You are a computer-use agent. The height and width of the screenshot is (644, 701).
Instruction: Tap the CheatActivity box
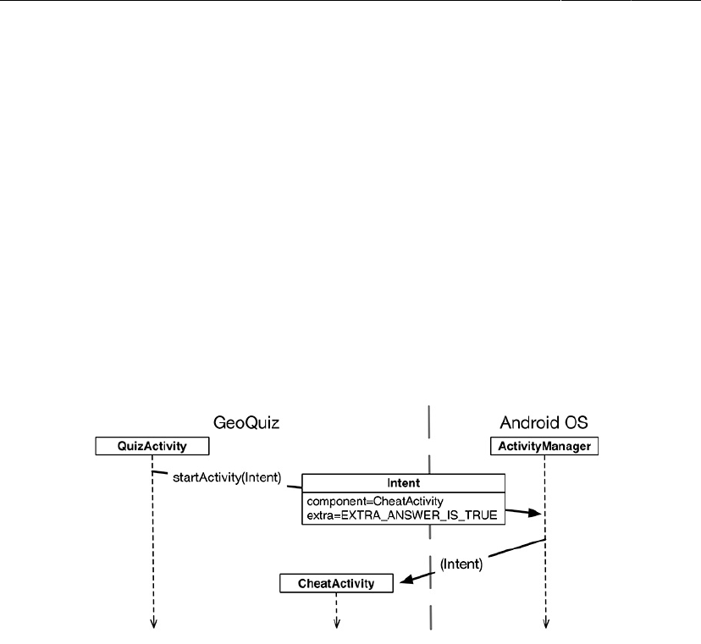tap(338, 582)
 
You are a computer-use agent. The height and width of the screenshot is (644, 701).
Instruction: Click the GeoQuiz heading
tap(246, 421)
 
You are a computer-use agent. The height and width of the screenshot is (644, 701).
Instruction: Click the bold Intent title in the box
tap(403, 483)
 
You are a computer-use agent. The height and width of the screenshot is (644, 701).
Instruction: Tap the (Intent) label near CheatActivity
tap(461, 564)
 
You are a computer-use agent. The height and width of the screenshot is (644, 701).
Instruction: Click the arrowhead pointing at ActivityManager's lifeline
tap(534, 513)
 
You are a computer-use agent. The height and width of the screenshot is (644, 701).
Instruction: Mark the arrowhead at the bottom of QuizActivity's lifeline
tap(154, 625)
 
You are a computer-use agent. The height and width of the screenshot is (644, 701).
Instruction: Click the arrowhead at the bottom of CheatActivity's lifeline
tap(337, 625)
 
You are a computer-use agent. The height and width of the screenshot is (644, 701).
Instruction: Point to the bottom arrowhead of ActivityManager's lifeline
tap(545, 625)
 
